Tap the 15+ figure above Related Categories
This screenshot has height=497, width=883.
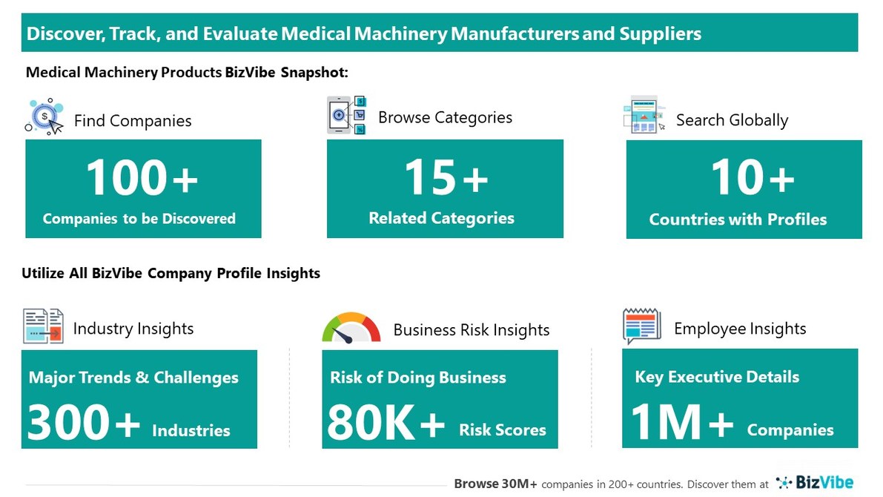click(x=446, y=178)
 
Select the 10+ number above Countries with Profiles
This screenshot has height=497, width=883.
click(x=753, y=178)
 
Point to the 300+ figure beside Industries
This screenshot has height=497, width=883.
click(x=84, y=424)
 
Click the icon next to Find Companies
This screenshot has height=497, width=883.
click(x=45, y=117)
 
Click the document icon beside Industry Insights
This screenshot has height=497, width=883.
click(x=44, y=326)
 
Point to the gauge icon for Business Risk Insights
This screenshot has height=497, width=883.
click(x=351, y=328)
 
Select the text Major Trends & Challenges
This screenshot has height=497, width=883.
click(x=133, y=378)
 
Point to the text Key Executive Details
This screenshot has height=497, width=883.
click(x=717, y=377)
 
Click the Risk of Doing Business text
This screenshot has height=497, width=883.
click(x=418, y=378)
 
